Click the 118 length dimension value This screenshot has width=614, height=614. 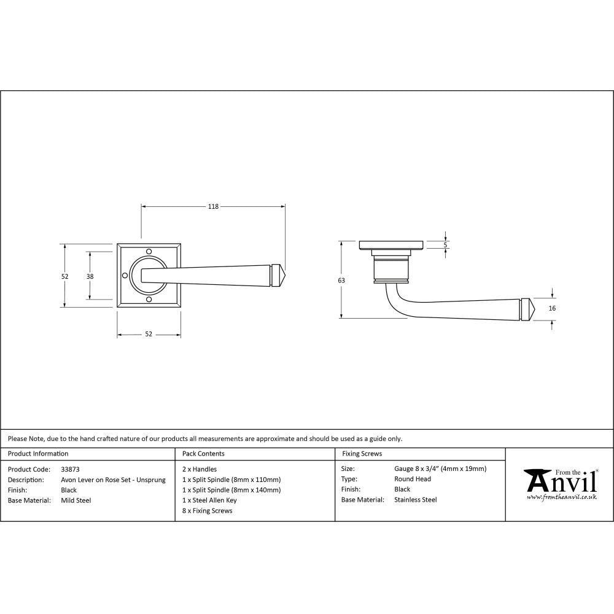coord(213,207)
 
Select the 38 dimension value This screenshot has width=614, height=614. coord(90,276)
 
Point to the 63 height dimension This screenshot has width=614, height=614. coord(341,280)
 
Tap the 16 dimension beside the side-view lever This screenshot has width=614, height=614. coord(552,308)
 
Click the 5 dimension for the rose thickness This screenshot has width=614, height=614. coord(446,245)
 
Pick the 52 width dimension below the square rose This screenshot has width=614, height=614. coord(149,334)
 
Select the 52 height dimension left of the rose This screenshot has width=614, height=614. coord(64,276)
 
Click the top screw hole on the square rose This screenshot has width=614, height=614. coord(149,251)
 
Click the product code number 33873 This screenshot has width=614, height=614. coord(70,469)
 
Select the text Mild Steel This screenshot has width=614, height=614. coord(76,500)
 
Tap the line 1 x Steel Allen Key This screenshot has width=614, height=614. coord(209,500)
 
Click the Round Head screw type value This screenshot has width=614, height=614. coord(412,479)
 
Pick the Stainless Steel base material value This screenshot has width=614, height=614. coord(415,500)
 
